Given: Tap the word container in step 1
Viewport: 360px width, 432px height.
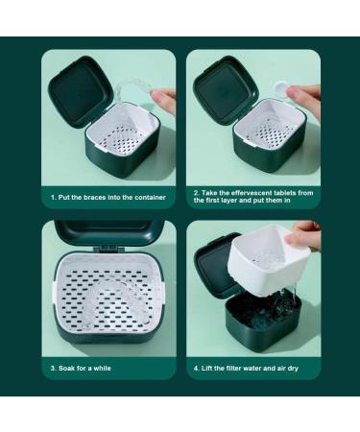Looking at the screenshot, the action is (x=150, y=198).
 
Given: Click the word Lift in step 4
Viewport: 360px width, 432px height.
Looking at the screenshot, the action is (x=206, y=369).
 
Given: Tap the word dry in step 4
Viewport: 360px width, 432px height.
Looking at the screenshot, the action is (x=293, y=369).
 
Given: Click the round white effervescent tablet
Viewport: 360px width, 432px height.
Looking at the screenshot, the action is (x=282, y=87).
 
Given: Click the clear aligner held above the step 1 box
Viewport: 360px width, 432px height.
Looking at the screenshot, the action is (x=133, y=88).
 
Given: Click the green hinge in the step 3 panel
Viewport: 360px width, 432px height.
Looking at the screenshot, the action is (x=108, y=249).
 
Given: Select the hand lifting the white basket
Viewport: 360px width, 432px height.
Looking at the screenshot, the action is (x=302, y=236).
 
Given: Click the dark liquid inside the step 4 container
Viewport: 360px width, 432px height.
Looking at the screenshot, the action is (x=261, y=309).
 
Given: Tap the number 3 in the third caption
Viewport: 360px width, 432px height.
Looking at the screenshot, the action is (x=53, y=369).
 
